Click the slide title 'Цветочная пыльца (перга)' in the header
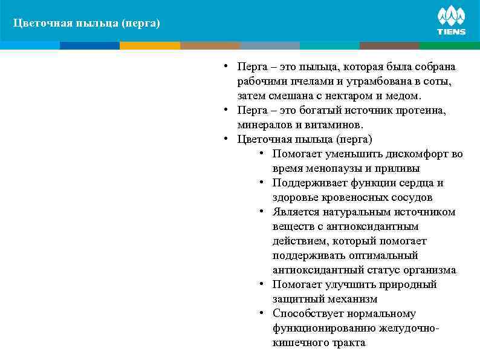click(x=87, y=24)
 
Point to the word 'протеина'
click(x=424, y=110)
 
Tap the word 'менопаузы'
click(x=327, y=168)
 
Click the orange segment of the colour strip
click(x=150, y=45)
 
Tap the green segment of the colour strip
click(x=449, y=45)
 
